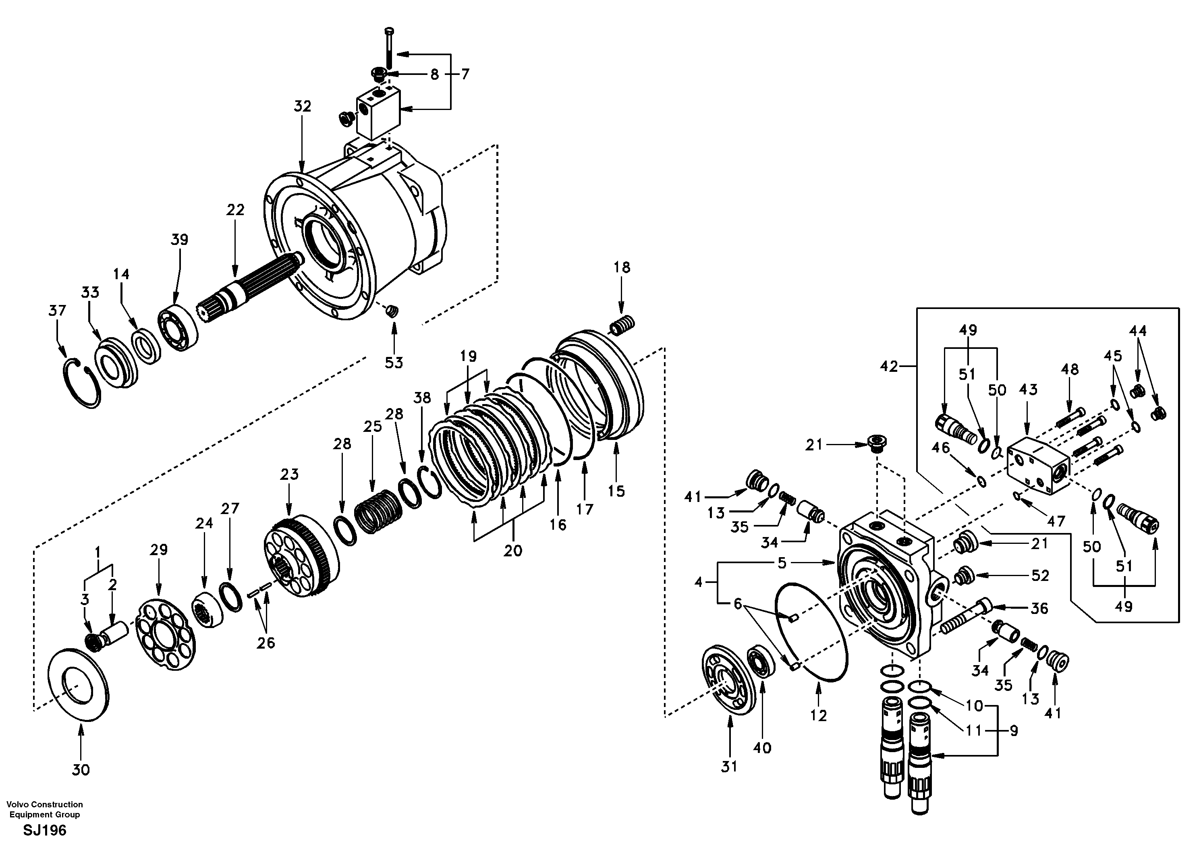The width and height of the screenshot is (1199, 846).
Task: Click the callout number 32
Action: point(302,106)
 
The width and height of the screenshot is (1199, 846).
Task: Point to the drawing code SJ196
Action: point(44,830)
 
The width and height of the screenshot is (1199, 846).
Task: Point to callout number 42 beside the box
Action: point(888,367)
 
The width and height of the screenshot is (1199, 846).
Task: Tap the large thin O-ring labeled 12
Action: point(812,632)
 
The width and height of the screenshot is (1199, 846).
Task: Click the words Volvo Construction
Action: point(44,804)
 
